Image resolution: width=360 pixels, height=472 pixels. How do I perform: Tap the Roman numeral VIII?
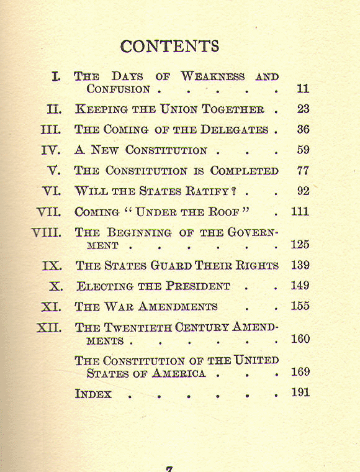coord(47,233)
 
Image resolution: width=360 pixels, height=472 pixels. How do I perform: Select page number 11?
coord(303,89)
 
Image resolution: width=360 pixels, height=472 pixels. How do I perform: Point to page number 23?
coord(303,109)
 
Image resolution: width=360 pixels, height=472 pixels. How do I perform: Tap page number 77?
coord(303,170)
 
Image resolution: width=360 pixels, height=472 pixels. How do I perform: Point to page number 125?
coord(300,245)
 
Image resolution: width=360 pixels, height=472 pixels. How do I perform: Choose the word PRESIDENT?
coord(197,286)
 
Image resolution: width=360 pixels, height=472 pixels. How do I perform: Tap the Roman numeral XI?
coord(51,306)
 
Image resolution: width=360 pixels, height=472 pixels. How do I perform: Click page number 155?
coord(300,306)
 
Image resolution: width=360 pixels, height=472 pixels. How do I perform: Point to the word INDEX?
coord(93,394)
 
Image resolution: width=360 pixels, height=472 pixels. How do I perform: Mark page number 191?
coord(300,393)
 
